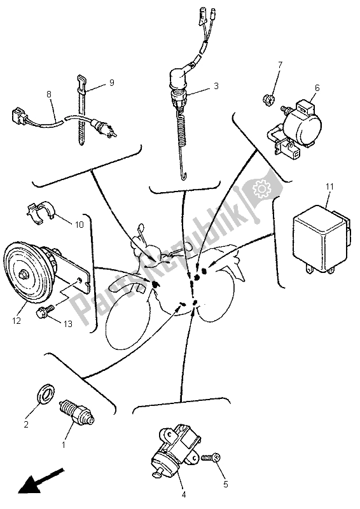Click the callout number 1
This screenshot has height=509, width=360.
[64, 445]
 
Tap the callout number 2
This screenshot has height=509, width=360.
[26, 424]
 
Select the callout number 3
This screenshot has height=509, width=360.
[216, 86]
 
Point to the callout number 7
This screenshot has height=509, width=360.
[280, 65]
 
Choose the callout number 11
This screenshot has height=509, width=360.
[330, 186]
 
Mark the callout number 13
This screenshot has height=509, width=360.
[68, 324]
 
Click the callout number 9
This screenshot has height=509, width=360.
[112, 83]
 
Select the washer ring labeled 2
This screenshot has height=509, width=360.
[46, 394]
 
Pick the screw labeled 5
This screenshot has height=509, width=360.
[212, 458]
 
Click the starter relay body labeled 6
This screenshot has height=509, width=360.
[296, 128]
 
